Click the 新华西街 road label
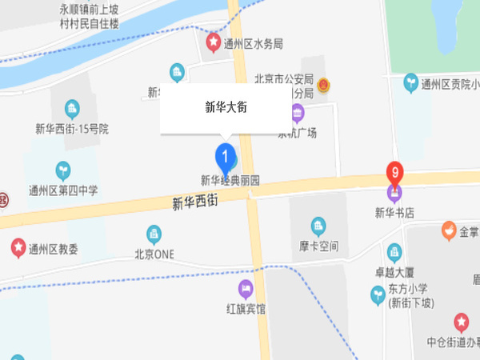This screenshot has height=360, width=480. pos(195,202)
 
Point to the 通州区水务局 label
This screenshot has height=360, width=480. pos(254,43)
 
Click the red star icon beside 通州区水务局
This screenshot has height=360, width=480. pos(214,40)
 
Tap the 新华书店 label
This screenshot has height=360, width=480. pos(394,212)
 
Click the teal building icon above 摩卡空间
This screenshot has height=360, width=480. pos(319,226)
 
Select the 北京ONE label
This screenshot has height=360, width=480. pos(154,254)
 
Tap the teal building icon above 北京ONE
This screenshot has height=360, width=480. pos(154,234)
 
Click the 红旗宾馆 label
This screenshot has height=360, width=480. pos(246,306)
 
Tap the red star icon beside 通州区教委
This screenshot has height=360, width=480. pos(18,247)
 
